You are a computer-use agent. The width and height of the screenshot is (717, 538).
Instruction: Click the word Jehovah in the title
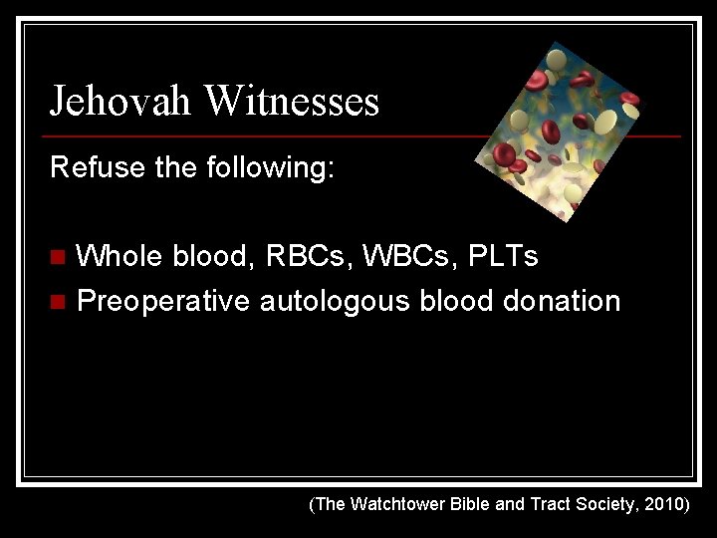(121, 102)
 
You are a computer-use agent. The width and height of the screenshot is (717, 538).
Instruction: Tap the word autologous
(335, 300)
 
